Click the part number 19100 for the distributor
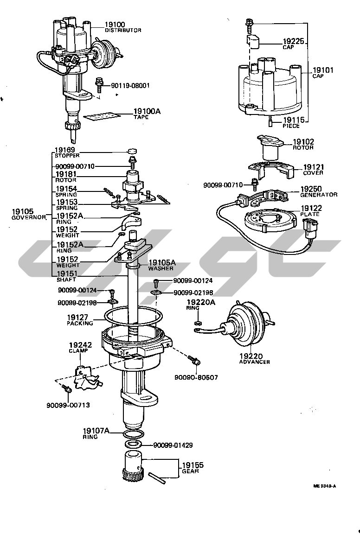click(115, 24)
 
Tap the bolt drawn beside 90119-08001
click(99, 85)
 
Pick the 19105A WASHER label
click(161, 265)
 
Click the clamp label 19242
click(80, 345)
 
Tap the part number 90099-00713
click(68, 405)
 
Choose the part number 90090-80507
click(196, 377)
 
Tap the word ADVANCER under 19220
click(254, 362)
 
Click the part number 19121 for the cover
click(314, 167)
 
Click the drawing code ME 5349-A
click(324, 486)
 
